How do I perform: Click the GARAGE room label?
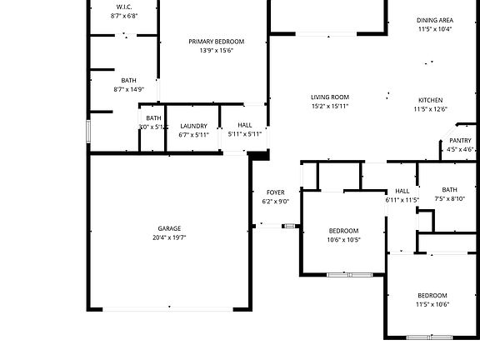tap(169, 228)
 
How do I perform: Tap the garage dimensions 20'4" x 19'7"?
tap(169, 237)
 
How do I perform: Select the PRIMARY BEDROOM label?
tap(216, 42)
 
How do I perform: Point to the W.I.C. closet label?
tap(123, 7)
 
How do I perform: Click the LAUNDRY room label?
tap(193, 126)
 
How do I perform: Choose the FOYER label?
tap(275, 192)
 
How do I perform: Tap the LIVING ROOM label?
tap(329, 97)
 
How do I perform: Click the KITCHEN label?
tap(430, 100)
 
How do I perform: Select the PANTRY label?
tap(460, 141)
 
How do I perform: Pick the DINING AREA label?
tap(434, 20)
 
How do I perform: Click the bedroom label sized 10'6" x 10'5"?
tap(342, 231)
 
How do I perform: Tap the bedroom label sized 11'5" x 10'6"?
tap(432, 296)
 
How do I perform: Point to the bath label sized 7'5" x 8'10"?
tap(450, 190)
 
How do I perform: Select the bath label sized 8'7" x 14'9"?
tap(128, 81)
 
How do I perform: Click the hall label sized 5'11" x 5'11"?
tap(244, 126)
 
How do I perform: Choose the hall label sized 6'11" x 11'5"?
tap(402, 191)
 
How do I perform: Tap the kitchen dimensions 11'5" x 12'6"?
tap(430, 109)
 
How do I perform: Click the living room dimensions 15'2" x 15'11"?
tap(329, 107)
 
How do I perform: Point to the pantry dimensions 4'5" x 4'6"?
tap(460, 150)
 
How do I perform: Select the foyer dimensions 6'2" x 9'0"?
tap(275, 202)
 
